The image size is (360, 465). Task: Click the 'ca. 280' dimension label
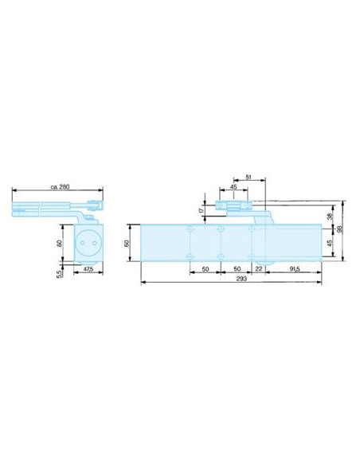[60, 187]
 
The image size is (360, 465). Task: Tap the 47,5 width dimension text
[88, 269]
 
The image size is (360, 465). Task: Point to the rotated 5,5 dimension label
[60, 274]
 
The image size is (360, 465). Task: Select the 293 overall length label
[241, 279]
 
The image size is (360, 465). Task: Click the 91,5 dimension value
[295, 269]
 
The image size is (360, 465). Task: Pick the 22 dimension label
[259, 269]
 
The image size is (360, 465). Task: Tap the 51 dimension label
[248, 178]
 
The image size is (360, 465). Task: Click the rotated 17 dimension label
[202, 210]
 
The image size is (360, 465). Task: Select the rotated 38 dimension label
[330, 217]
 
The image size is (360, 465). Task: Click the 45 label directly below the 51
[233, 187]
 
